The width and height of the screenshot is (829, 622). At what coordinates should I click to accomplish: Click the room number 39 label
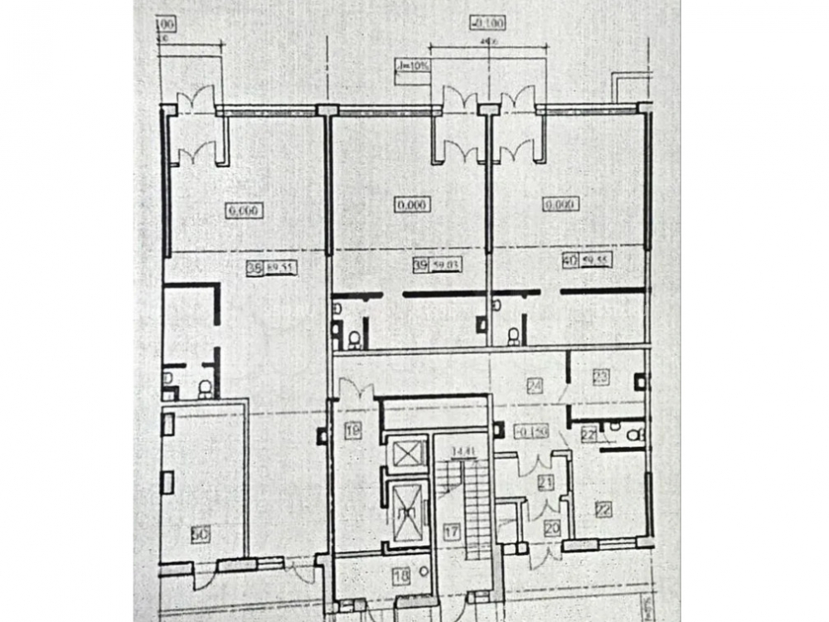[420, 265]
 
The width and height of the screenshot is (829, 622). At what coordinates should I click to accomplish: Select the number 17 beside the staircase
[450, 533]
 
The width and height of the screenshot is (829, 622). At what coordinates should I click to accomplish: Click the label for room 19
[353, 430]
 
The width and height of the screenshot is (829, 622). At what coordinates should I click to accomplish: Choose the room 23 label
[601, 376]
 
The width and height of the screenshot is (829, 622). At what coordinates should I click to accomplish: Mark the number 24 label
[535, 385]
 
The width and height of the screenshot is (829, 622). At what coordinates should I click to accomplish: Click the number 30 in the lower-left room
[199, 536]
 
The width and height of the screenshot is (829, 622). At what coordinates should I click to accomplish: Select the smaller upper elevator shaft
[407, 454]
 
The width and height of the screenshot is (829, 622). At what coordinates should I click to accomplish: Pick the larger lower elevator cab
[407, 508]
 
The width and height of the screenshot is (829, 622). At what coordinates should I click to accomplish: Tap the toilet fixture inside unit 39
[354, 338]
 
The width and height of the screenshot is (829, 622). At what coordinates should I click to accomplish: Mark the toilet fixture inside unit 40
[513, 336]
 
